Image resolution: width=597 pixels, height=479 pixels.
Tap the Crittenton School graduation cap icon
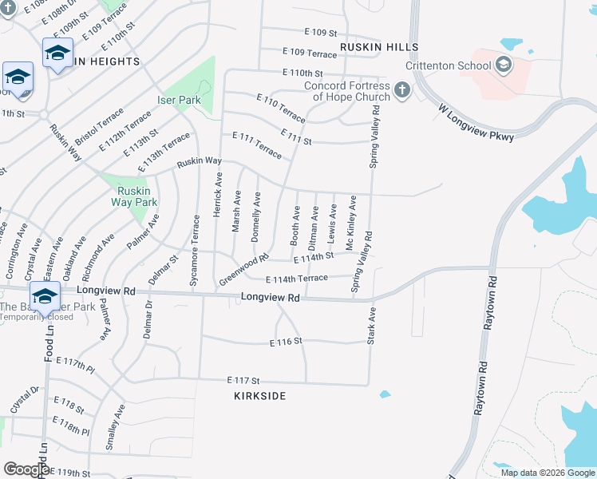[503, 65]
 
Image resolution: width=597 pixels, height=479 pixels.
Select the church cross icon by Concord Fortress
[401, 89]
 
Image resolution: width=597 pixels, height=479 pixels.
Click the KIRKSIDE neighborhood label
[259, 396]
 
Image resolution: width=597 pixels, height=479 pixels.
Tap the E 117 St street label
[243, 380]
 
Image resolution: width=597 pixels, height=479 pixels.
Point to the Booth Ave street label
[295, 225]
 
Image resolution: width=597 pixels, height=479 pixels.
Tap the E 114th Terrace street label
[297, 278]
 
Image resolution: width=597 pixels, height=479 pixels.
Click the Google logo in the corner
[26, 469]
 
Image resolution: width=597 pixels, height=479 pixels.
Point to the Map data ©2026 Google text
[547, 473]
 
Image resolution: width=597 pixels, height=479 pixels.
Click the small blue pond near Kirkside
[385, 394]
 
